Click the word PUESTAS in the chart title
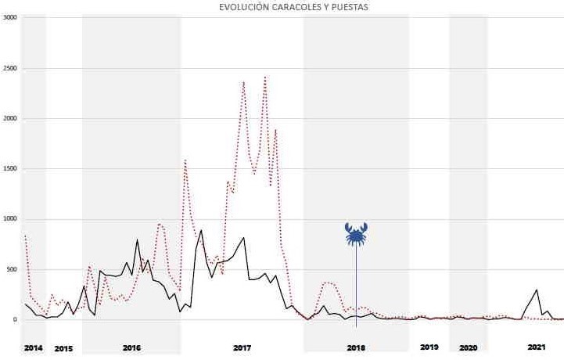pyautogui.click(x=350, y=7)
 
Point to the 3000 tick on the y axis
pyautogui.click(x=9, y=17)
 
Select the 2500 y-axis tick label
pyautogui.click(x=9, y=68)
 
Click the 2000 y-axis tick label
pyautogui.click(x=9, y=118)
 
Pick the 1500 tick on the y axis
pyautogui.click(x=9, y=168)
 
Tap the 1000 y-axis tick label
pyautogui.click(x=9, y=219)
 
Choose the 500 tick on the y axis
pyautogui.click(x=11, y=269)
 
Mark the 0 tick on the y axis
pyautogui.click(x=15, y=319)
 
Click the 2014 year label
pyautogui.click(x=33, y=348)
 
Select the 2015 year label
pyautogui.click(x=63, y=348)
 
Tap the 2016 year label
pyautogui.click(x=131, y=348)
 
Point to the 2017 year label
pyautogui.click(x=242, y=348)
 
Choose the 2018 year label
pyautogui.click(x=356, y=348)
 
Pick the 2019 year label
pyautogui.click(x=429, y=347)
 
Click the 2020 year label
pyautogui.click(x=469, y=348)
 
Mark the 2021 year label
pyautogui.click(x=537, y=347)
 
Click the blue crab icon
pyautogui.click(x=356, y=234)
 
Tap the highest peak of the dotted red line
pyautogui.click(x=265, y=77)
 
